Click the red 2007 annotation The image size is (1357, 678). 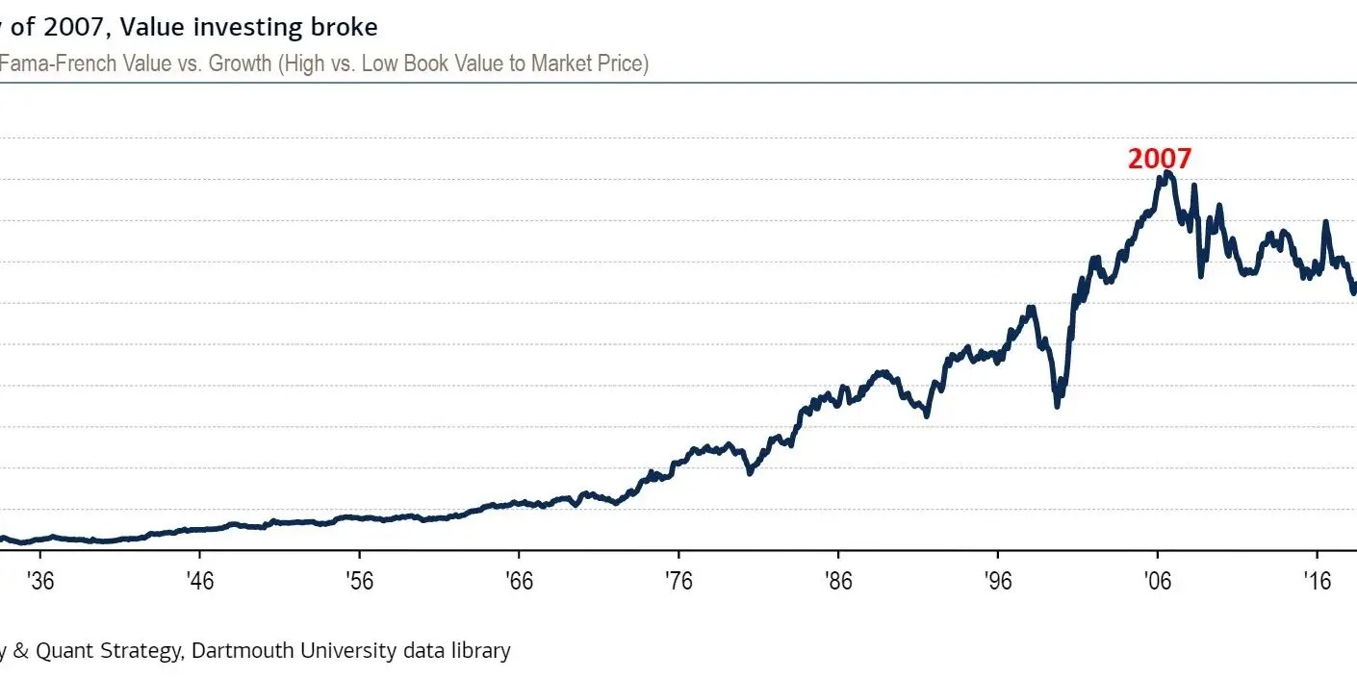tap(1159, 159)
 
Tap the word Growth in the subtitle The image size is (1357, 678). tap(238, 64)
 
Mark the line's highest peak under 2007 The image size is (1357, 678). tap(1166, 173)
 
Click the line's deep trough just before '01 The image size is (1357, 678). tap(1057, 405)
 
